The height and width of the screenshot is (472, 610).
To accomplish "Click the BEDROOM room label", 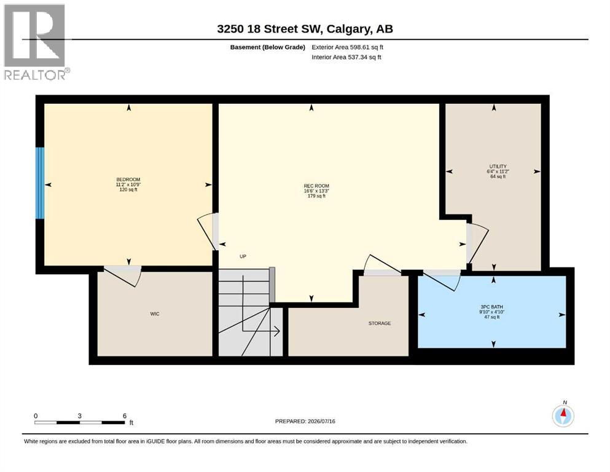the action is pos(128,179).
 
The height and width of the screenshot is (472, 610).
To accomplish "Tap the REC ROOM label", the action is pos(316,186).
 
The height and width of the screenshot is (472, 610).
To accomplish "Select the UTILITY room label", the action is pos(498,167).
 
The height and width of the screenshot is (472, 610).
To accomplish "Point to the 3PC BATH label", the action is pos(491,307).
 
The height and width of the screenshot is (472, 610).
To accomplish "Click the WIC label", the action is pos(155,313).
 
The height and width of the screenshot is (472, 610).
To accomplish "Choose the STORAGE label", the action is pos(380,323).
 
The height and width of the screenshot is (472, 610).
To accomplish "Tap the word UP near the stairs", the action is pos(243,256).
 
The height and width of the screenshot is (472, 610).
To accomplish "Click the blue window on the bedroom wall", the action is pos(40,183).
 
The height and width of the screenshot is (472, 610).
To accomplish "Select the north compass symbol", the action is pos(563,416).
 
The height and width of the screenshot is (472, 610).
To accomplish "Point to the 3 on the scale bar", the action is pos(80,415).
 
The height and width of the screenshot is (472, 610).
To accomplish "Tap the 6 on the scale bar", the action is pos(125,415).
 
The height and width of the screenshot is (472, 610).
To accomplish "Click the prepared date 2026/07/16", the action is pos(321,421).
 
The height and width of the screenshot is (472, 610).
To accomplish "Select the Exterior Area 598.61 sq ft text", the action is pos(348,47).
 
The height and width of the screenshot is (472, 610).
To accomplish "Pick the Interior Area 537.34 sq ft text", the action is pos(346,57).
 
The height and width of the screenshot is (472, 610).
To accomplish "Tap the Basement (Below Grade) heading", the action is pos(268,47).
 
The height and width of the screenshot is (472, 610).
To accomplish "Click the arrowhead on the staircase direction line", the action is pos(277,331).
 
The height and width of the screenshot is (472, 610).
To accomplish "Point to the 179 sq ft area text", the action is pos(316,196).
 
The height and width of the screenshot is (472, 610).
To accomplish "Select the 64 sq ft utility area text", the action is pos(498,176).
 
